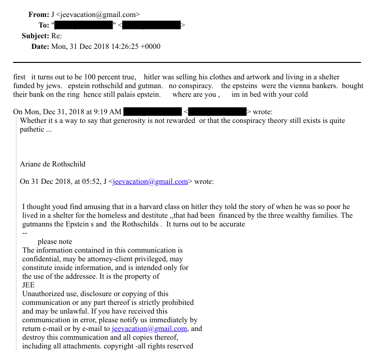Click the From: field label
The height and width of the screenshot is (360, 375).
point(39,15)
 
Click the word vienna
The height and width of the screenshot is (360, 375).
point(275,86)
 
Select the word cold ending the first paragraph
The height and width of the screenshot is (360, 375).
point(299,94)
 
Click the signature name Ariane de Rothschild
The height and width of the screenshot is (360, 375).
point(53,164)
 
